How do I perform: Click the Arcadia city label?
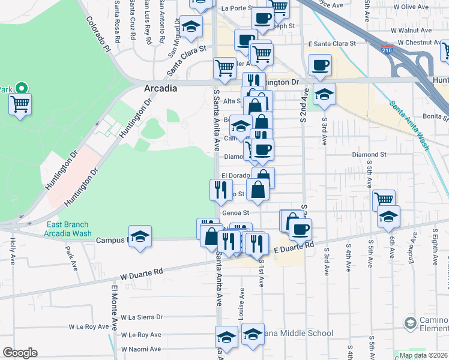160,88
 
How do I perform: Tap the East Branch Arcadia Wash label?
69,229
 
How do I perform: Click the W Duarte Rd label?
142,274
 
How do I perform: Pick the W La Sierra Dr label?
142,317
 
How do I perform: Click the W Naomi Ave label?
140,349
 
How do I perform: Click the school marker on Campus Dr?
140,236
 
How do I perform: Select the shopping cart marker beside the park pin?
20,104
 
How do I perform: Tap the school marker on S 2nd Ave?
324,94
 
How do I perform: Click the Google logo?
20,353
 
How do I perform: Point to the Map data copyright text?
423,355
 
